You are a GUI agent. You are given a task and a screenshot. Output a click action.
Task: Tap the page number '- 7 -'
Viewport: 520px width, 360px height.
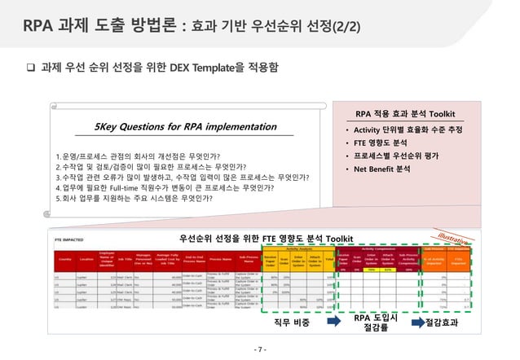click(x=259, y=349)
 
